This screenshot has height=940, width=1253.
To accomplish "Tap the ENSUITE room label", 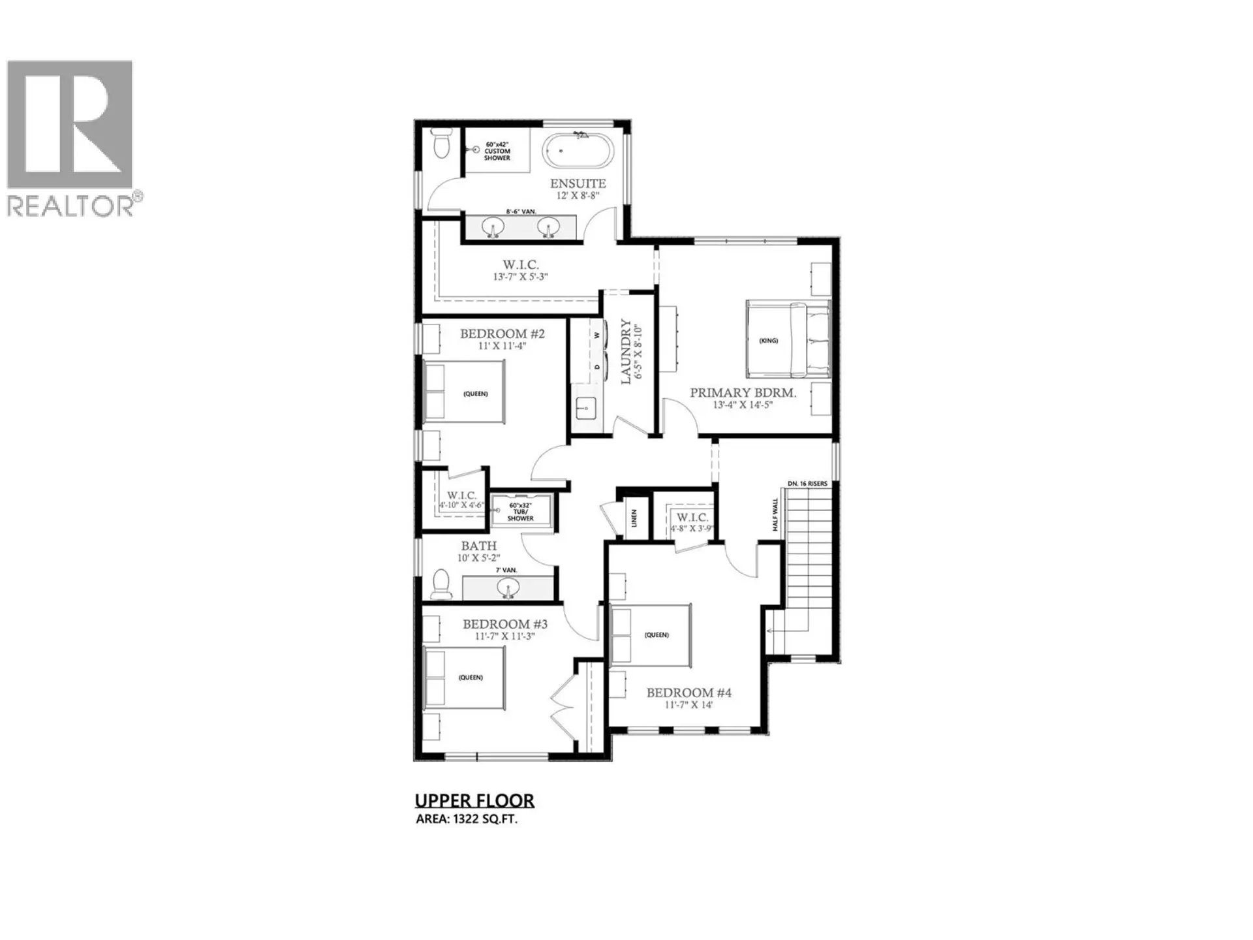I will pyautogui.click(x=578, y=184).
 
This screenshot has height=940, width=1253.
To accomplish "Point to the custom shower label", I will pyautogui.click(x=497, y=151).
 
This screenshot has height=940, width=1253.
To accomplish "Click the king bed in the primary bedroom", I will pyautogui.click(x=787, y=339).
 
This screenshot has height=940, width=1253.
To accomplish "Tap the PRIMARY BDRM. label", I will pyautogui.click(x=743, y=393).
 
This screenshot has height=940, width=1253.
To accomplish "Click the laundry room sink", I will pyautogui.click(x=585, y=409).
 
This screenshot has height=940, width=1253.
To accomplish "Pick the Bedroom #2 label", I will pyautogui.click(x=502, y=334).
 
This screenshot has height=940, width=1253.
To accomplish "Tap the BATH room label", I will pyautogui.click(x=479, y=546).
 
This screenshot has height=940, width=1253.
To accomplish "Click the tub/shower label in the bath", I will pyautogui.click(x=521, y=512).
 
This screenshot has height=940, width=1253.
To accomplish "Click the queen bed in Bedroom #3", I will pyautogui.click(x=464, y=677).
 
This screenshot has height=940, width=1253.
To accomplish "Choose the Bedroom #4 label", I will pyautogui.click(x=688, y=693).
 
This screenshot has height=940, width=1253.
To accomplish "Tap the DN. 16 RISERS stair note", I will pyautogui.click(x=807, y=484).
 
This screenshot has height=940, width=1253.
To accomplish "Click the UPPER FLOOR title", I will pyautogui.click(x=474, y=800).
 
